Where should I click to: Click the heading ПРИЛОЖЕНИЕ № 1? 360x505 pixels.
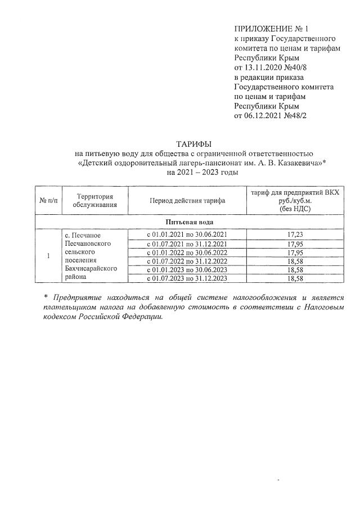click(272, 28)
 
